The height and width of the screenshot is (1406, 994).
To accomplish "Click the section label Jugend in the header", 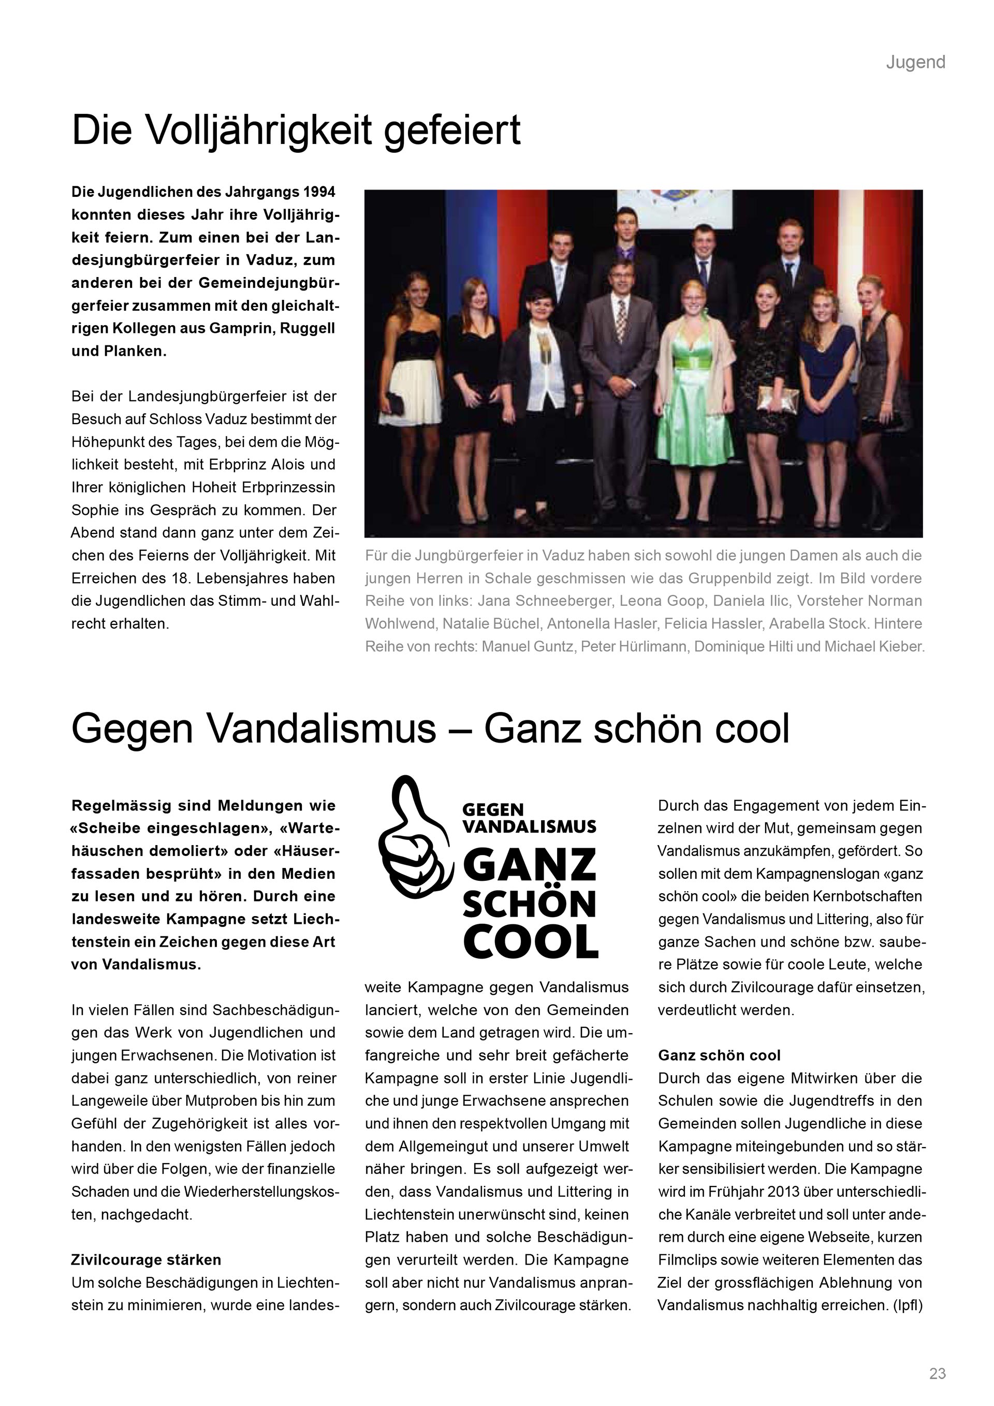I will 915,63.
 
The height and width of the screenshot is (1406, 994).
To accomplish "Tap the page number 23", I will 937,1373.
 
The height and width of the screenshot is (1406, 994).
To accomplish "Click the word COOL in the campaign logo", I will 530,942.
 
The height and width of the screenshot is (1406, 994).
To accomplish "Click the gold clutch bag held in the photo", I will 777,399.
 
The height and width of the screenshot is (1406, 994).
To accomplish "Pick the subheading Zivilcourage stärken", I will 145,1259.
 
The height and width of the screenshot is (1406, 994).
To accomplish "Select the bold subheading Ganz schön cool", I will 719,1055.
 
